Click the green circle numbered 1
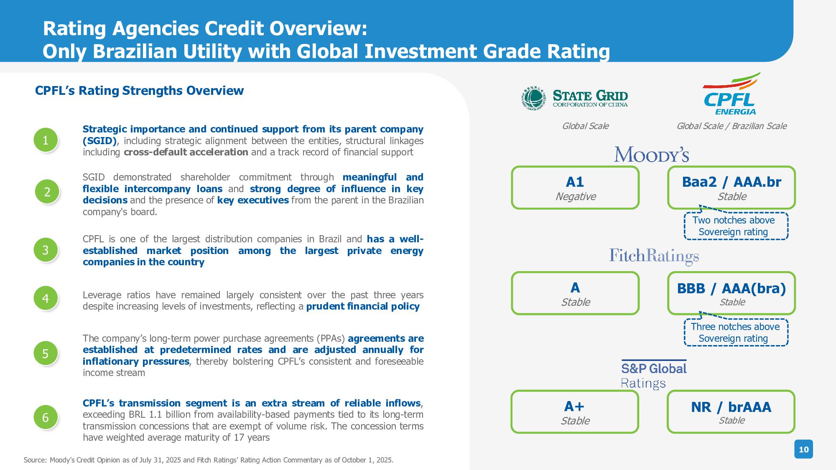tap(46, 140)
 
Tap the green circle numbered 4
tap(46, 298)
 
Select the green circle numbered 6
tap(46, 417)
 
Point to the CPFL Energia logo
tap(731, 94)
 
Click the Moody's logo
tap(652, 154)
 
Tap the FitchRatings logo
tap(654, 257)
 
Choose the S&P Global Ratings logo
tap(654, 374)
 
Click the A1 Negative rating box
tap(575, 188)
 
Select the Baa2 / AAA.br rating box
tap(731, 188)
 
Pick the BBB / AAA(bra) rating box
tap(731, 293)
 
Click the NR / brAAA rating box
tap(731, 412)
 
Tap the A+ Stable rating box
tap(575, 412)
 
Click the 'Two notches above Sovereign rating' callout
tap(736, 226)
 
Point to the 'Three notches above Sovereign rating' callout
tap(736, 333)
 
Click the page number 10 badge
tap(804, 449)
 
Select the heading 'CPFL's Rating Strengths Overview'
tap(139, 91)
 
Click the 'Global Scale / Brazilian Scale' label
tap(731, 126)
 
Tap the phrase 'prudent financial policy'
tap(363, 306)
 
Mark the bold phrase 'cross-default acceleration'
tap(186, 152)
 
